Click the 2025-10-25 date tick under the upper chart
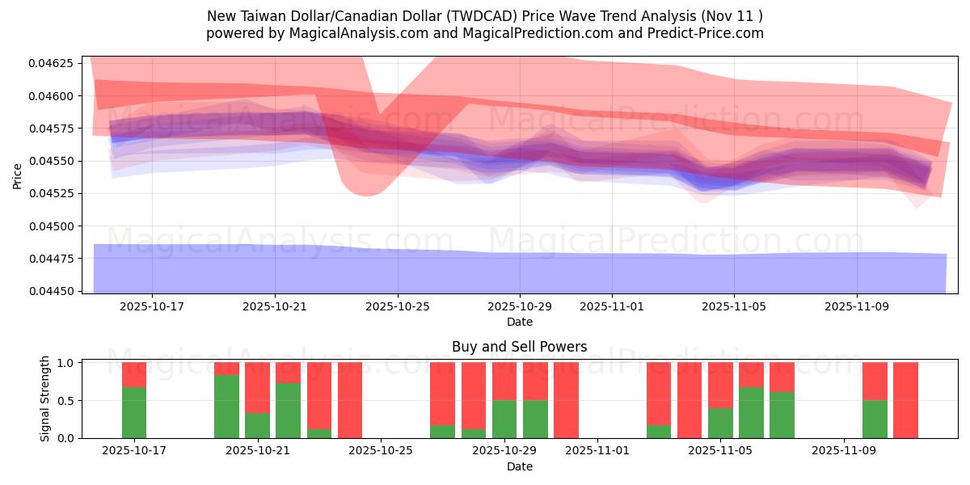click(397, 307)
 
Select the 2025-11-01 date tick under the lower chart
click(597, 451)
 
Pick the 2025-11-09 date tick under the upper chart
click(857, 307)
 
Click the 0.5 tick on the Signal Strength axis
click(67, 401)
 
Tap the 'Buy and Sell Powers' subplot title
click(519, 348)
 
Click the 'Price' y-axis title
click(18, 175)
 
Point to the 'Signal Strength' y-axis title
click(45, 398)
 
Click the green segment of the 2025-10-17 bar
click(134, 412)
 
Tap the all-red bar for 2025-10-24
click(350, 400)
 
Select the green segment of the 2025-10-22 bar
click(288, 411)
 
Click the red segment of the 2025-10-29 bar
click(504, 381)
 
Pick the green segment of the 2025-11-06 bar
click(751, 412)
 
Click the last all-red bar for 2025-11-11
click(905, 400)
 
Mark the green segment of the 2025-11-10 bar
click(875, 419)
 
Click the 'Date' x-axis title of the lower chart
click(519, 466)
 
